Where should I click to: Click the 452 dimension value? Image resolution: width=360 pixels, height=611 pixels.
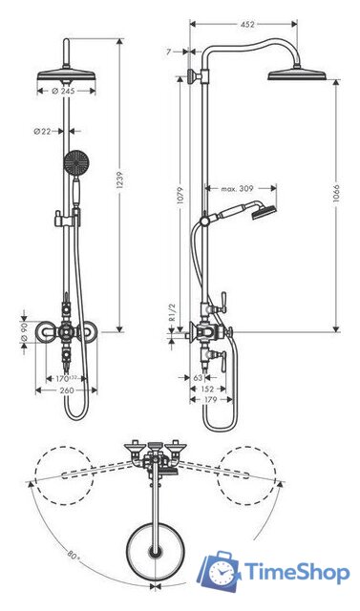coord(247,24)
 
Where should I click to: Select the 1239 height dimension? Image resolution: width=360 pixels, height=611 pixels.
coord(120,180)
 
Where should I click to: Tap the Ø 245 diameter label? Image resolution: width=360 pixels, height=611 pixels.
coord(63,91)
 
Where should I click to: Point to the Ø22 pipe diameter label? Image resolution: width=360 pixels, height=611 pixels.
coord(42,132)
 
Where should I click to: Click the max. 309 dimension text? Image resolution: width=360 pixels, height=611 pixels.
coord(237,189)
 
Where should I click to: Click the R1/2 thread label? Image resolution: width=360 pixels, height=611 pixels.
coord(173,312)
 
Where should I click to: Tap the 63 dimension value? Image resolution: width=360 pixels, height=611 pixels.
coord(198,378)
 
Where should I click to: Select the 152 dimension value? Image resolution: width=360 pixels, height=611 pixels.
coord(207,389)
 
